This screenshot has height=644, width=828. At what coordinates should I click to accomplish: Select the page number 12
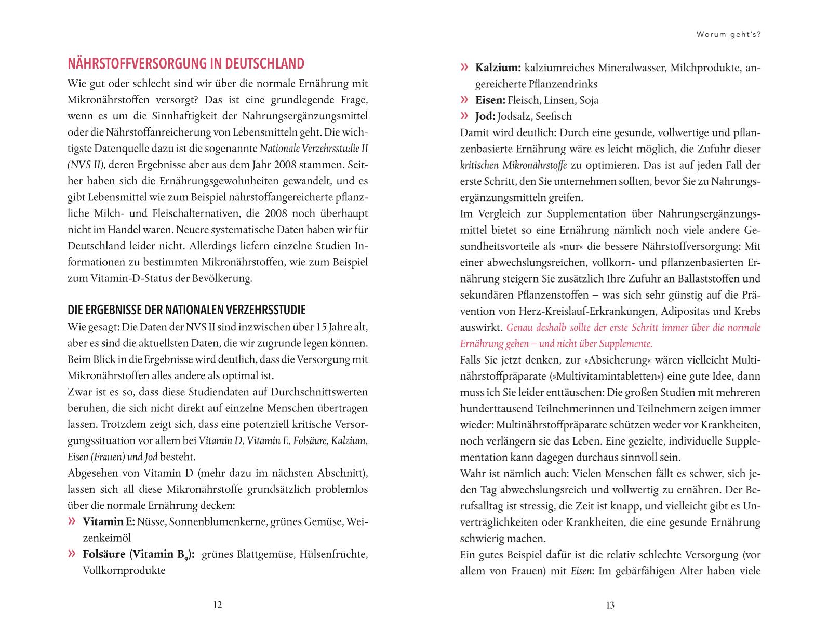click(218, 605)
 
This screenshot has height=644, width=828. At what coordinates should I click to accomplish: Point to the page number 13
click(610, 605)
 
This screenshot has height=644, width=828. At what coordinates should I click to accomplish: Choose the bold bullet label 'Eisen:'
click(490, 100)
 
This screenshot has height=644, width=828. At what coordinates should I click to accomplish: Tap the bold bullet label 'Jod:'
click(485, 116)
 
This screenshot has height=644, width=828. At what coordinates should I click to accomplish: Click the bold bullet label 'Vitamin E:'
click(109, 521)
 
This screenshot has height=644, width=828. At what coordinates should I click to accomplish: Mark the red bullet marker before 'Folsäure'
click(73, 554)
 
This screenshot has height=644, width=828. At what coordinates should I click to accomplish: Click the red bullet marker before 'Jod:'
click(465, 116)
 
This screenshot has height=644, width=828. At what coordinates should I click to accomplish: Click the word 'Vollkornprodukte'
click(124, 570)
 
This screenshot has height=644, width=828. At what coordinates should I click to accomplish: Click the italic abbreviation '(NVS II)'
click(86, 165)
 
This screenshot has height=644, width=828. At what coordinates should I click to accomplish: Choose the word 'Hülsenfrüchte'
click(333, 554)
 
